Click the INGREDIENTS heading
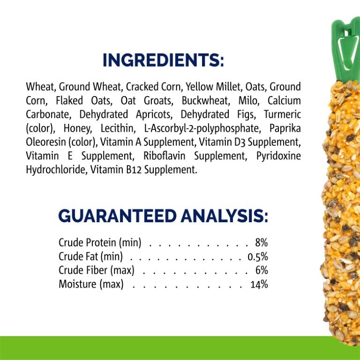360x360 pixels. coord(163,60)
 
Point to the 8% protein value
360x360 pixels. coord(261,243)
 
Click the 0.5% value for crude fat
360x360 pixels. coord(257,256)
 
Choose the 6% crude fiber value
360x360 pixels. coord(262,270)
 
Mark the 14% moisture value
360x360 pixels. coord(259,284)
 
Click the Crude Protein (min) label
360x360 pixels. coord(103,243)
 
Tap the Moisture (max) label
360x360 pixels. coord(91,284)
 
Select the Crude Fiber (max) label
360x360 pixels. coord(97,270)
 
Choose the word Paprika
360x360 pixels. coord(285,128)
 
